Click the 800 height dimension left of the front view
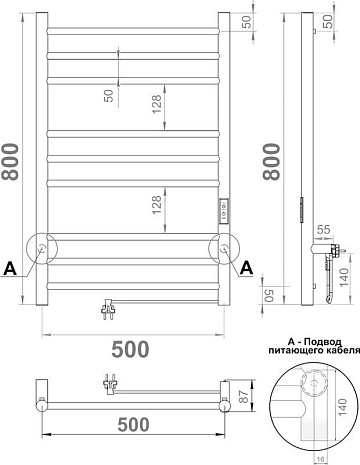tap(10, 162)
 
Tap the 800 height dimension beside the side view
tap(272, 162)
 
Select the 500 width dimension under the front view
tap(130, 349)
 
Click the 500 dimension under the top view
tap(133, 425)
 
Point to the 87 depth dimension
tap(245, 396)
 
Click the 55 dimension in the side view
tap(323, 230)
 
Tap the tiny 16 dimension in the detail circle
tap(320, 460)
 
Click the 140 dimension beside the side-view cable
tap(344, 277)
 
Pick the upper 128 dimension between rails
tap(157, 104)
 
